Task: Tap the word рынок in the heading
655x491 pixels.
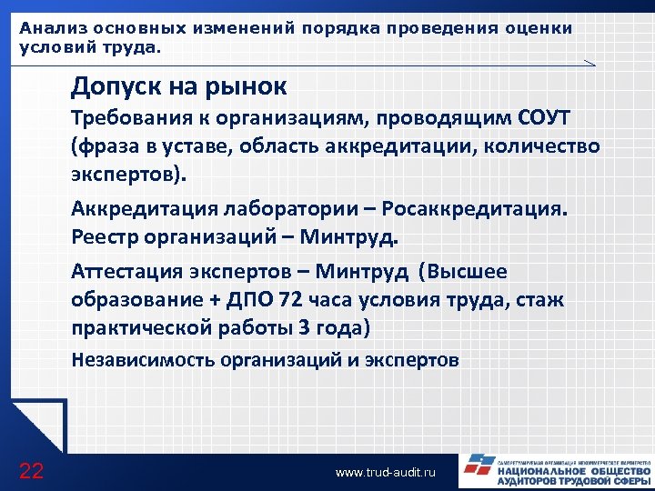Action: point(245,87)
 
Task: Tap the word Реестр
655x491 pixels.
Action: point(106,237)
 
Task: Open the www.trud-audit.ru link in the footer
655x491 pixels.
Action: point(386,473)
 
